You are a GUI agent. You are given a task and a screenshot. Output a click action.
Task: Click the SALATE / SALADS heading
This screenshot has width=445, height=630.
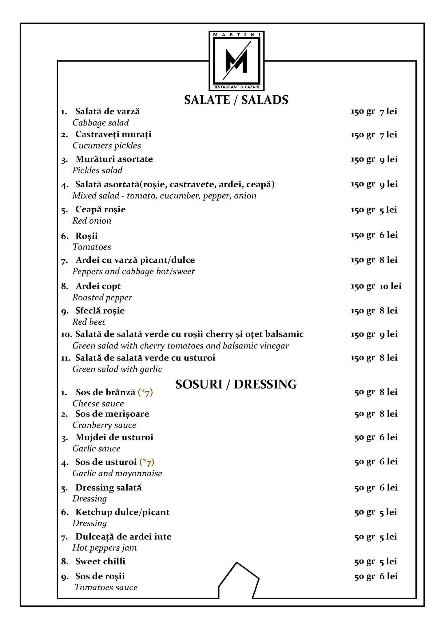tap(236, 100)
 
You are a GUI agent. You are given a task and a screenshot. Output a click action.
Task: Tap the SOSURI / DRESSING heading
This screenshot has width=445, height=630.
tap(236, 384)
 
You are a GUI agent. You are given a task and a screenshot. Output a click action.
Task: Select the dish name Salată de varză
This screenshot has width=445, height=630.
tap(108, 111)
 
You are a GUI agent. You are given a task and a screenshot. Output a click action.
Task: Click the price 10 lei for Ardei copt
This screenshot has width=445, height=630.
tap(391, 286)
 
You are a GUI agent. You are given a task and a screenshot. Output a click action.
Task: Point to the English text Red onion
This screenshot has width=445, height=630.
tap(92, 221)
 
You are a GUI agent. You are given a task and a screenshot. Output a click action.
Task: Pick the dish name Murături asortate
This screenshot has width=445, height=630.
tap(114, 159)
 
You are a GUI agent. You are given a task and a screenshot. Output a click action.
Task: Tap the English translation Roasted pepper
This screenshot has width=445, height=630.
tap(102, 297)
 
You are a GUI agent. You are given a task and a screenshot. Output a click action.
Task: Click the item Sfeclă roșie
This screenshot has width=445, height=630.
tap(100, 311)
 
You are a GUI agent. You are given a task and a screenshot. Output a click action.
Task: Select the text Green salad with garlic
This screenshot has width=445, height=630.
tap(117, 369)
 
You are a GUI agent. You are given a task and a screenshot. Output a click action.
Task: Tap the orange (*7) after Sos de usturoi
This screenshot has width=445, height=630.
tap(147, 462)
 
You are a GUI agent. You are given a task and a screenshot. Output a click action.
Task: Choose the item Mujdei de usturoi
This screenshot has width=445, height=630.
tap(114, 437)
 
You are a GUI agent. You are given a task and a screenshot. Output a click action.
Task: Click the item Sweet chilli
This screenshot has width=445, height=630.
tap(100, 561)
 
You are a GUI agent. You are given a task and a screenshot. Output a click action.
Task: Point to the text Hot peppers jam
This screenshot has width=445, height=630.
tap(105, 548)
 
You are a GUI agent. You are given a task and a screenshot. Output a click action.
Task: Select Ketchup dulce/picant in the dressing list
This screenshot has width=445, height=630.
tap(122, 512)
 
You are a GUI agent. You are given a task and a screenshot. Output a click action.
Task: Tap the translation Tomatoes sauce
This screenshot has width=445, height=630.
tap(106, 587)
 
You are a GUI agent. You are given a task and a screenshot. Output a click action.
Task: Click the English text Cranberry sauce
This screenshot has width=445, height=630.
tap(104, 425)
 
